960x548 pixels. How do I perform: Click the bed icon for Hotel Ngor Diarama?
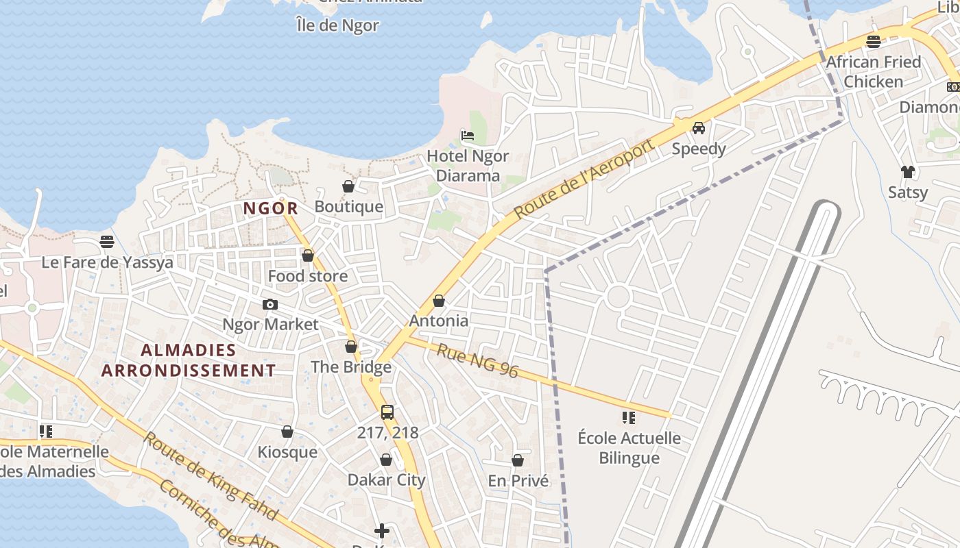coord(468,135)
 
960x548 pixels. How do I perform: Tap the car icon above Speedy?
coord(699,127)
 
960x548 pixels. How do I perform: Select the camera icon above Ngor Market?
coord(270,304)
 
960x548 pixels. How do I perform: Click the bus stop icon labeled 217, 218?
coord(387,412)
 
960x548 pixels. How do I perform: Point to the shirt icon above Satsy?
coord(907,171)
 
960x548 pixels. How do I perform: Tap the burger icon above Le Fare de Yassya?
coord(106,241)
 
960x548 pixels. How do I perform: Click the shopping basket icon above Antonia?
coord(439,301)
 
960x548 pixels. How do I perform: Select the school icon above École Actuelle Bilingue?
coord(629,417)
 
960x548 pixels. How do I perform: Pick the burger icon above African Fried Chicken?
coord(874,41)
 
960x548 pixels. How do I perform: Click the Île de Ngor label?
coord(337,26)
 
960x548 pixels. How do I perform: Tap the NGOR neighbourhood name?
coord(270,208)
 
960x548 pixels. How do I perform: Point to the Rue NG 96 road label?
coord(477,361)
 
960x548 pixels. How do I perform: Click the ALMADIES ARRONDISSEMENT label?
coord(189,360)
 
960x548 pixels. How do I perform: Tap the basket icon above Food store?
coord(308,256)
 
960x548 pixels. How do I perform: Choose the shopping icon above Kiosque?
coord(287,432)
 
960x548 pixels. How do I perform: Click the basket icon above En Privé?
coord(518,460)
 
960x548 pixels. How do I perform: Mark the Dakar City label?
coord(386,480)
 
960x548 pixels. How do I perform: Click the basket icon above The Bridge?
coord(351,347)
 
